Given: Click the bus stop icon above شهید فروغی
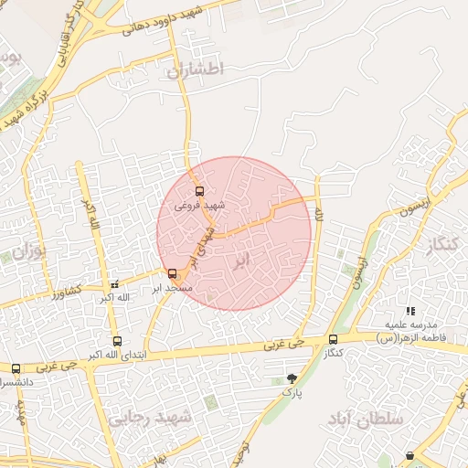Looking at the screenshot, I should pos(200,192).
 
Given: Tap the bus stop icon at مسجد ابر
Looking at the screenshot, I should pos(173,273).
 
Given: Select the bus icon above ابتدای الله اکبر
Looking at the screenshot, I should pos(115,341).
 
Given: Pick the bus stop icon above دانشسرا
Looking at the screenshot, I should pos(16,368).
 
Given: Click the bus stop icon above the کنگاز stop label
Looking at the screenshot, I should pos(333,339).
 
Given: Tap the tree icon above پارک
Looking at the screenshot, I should pos(292,378).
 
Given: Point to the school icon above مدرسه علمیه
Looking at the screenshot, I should pos(410,312).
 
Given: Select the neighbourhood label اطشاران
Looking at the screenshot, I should pos(190,69).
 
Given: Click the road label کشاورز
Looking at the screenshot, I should pos(67,292).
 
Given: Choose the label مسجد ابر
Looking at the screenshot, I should pos(172,288).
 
